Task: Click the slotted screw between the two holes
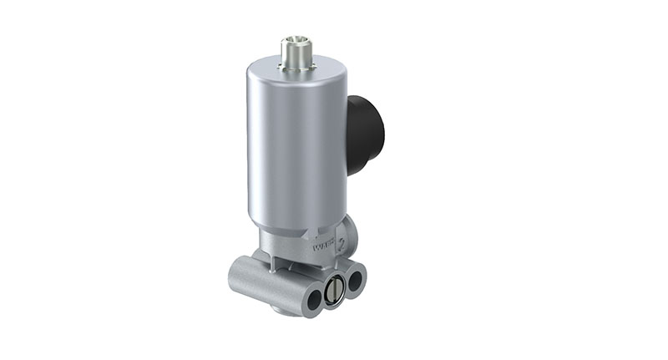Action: pos(333,291)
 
